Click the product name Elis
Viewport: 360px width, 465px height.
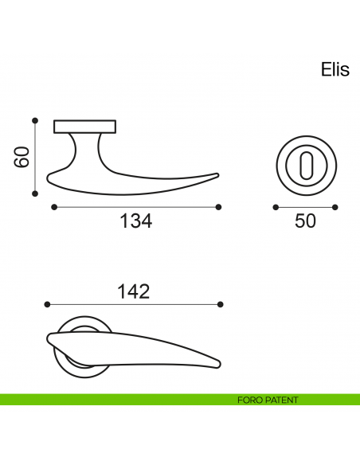(x=335, y=70)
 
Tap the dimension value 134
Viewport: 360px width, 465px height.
(x=135, y=221)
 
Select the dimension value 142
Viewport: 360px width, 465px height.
(x=134, y=291)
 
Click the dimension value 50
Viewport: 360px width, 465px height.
(x=305, y=221)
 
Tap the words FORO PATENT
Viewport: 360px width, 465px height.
(x=268, y=400)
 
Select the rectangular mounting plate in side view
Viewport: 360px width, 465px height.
(x=84, y=126)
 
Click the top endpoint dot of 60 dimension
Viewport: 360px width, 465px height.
(x=35, y=121)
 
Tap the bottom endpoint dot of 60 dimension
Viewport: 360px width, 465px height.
(x=35, y=193)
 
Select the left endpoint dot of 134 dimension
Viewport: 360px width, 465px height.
(x=53, y=207)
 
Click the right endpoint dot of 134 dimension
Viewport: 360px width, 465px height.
(x=219, y=207)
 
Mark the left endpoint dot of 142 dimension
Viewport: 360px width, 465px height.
(x=48, y=304)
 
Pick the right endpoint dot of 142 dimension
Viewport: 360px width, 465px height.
(x=221, y=304)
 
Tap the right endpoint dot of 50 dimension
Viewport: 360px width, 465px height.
(x=335, y=207)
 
